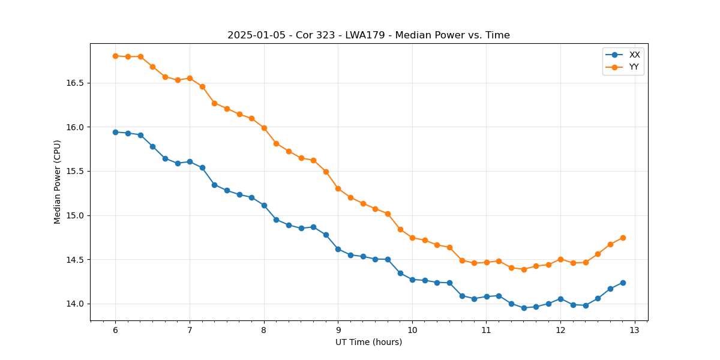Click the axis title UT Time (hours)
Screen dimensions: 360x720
coord(368,342)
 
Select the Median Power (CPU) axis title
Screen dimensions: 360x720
coord(58,182)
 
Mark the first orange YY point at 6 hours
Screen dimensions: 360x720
coord(115,56)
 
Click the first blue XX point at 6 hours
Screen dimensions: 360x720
coord(115,132)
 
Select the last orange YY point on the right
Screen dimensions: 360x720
coord(623,238)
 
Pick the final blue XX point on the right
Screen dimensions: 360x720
coord(623,283)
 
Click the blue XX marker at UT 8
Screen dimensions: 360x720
coord(264,205)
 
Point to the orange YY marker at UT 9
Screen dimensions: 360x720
coord(338,188)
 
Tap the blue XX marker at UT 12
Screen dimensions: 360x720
coord(560,299)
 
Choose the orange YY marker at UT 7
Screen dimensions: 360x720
coord(190,78)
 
